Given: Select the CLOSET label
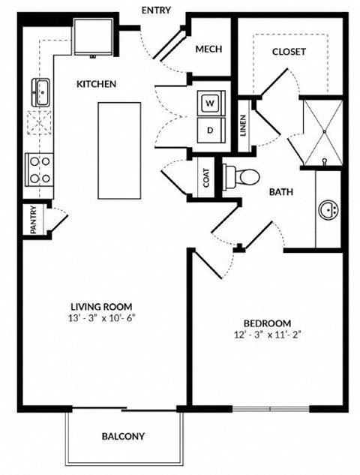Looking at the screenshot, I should coord(289,52).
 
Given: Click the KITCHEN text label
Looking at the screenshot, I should coord(97,84).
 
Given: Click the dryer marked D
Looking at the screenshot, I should coord(210,128).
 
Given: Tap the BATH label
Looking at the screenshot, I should coord(281,191).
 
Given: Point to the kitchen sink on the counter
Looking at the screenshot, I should coord(39,92).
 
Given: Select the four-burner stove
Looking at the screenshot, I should coord(38,170).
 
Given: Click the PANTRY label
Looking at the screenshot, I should coord(34,221).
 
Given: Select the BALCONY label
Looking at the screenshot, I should coord(123,436).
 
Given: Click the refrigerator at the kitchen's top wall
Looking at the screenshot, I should coord(95,36).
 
